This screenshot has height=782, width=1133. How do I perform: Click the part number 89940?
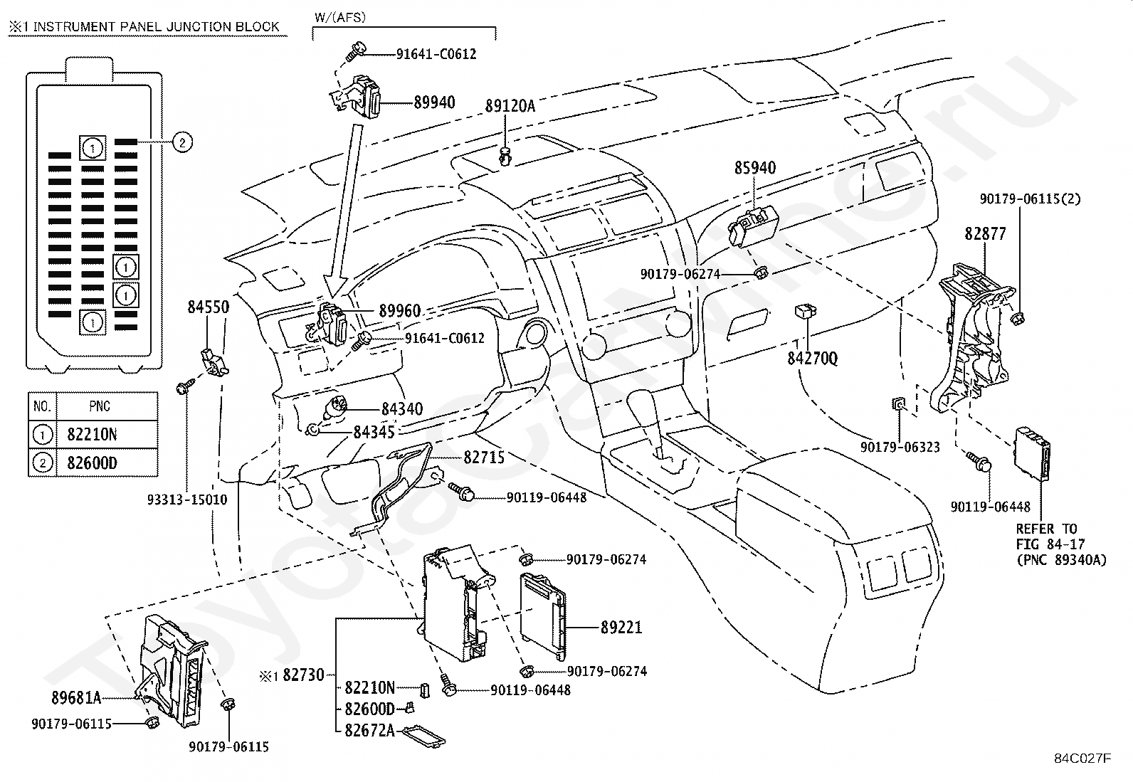[x=435, y=102]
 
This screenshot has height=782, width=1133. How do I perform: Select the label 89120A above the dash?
[x=510, y=106]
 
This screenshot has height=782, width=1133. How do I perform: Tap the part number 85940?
[x=755, y=167]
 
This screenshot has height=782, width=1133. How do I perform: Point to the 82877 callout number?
[x=985, y=233]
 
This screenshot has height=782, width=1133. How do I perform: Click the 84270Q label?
[x=813, y=359]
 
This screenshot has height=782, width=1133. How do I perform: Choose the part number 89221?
[x=621, y=627]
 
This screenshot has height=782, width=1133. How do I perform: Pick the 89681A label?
[x=76, y=698]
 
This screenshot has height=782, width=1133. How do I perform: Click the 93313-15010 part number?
[x=187, y=500]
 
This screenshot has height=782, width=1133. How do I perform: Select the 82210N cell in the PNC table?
[x=92, y=435]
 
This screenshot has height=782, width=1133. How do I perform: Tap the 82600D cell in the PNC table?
[x=92, y=463]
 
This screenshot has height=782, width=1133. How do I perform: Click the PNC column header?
[x=100, y=406]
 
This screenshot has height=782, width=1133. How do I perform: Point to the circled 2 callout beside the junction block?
[x=183, y=142]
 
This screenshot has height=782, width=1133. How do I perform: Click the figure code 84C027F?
[x=1082, y=759]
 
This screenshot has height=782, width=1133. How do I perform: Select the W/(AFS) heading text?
[x=340, y=17]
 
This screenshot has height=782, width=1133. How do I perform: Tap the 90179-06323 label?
[x=900, y=447]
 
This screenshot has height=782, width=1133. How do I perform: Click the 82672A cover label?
[x=370, y=730]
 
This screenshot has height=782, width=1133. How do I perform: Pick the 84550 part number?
[x=209, y=307]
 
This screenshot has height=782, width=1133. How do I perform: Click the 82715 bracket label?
[x=484, y=458]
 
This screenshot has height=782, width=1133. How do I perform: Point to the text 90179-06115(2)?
[x=1031, y=199]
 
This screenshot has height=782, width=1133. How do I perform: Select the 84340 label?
[x=402, y=408]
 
